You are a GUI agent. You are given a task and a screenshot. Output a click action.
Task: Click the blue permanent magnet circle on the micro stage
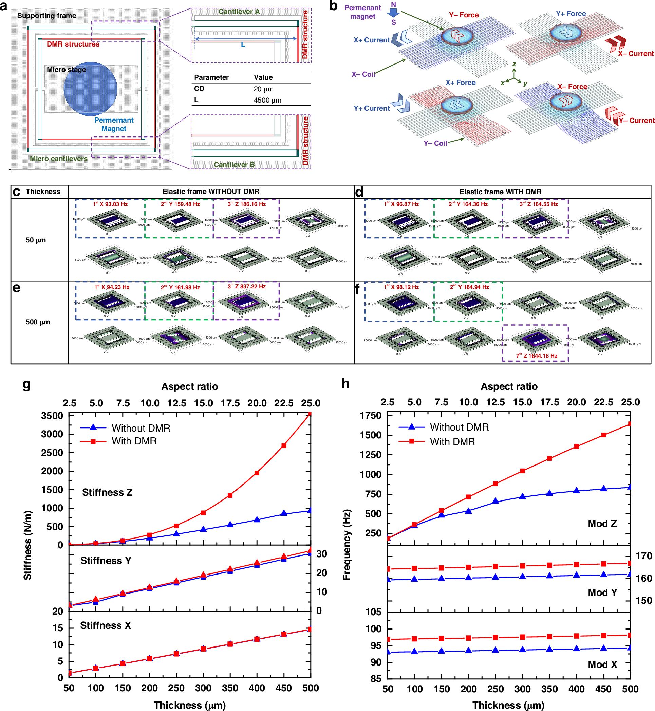90,89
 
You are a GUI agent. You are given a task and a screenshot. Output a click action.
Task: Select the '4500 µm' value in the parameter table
267,101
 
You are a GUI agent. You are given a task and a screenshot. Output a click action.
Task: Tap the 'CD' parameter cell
199,89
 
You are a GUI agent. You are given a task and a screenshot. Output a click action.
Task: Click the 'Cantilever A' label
239,12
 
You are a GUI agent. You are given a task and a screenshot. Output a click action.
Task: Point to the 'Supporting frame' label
47,16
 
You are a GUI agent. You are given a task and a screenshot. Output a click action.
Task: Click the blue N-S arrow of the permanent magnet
393,13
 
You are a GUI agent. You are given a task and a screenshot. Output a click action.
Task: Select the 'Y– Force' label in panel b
464,15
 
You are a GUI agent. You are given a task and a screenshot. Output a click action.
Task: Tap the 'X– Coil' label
363,74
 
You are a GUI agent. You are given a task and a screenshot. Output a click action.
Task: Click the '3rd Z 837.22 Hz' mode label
246,287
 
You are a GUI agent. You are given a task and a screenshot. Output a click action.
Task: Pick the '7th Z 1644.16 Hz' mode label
536,356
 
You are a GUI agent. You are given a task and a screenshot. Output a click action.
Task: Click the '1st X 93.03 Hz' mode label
110,204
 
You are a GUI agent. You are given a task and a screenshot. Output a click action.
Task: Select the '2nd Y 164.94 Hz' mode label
469,287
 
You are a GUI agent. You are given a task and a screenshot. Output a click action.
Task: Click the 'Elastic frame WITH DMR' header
500,192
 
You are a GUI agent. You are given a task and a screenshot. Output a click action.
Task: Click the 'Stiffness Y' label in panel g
106,560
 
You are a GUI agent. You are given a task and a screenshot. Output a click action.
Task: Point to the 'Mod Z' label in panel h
602,524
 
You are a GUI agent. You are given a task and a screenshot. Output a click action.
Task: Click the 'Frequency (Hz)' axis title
346,545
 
